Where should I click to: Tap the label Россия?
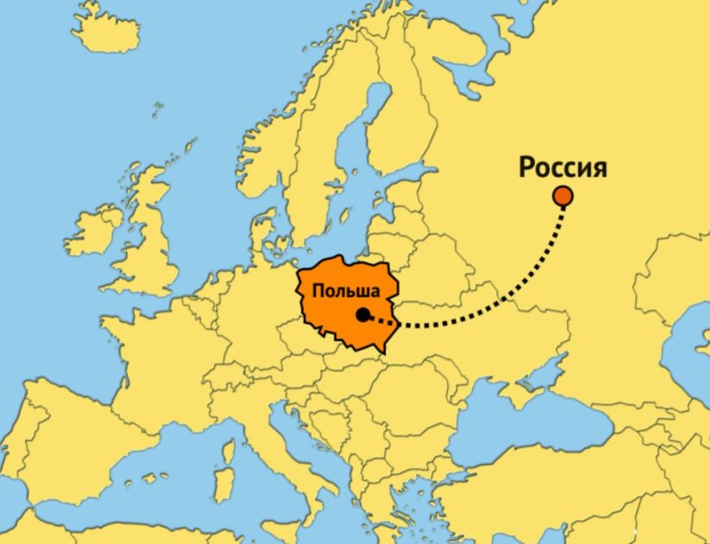[562, 167]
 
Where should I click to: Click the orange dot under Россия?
[563, 197]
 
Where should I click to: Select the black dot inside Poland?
[363, 314]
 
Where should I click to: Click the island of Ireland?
[93, 231]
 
